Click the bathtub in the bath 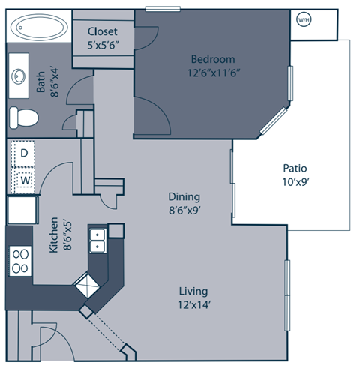(36, 29)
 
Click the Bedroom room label (213, 59)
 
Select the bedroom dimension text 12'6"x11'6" (213, 73)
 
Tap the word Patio (295, 168)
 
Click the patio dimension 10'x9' (295, 181)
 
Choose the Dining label (184, 198)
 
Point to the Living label (193, 291)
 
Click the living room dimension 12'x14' (193, 305)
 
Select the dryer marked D (24, 153)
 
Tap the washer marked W (24, 180)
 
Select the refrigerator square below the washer (22, 209)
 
